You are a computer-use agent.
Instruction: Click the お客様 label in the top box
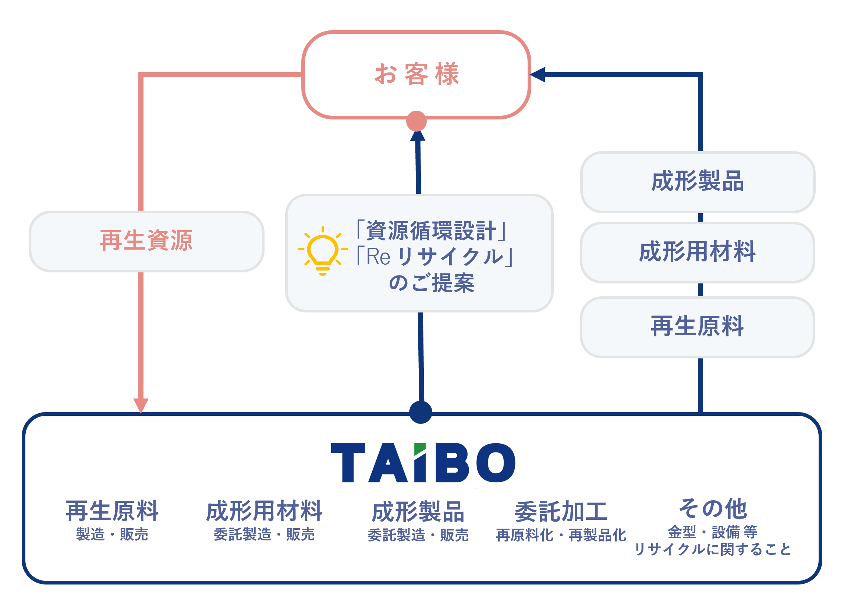pyautogui.click(x=417, y=74)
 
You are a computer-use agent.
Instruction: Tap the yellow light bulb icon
pyautogui.click(x=323, y=251)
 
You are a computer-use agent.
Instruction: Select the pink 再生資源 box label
pyautogui.click(x=146, y=241)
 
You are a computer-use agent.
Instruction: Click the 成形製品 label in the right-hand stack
pyautogui.click(x=698, y=181)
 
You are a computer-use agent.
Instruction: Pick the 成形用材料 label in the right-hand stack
pyautogui.click(x=698, y=252)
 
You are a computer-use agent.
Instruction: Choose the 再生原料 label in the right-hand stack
pyautogui.click(x=698, y=326)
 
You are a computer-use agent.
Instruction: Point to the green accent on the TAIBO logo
pyautogui.click(x=420, y=448)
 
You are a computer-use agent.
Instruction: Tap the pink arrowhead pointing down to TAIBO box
pyautogui.click(x=141, y=405)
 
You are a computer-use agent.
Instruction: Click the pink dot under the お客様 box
pyautogui.click(x=416, y=121)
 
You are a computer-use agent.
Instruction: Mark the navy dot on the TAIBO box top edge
pyautogui.click(x=421, y=412)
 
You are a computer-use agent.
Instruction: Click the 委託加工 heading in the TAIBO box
pyautogui.click(x=561, y=512)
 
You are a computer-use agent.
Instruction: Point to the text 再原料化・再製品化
pyautogui.click(x=561, y=535)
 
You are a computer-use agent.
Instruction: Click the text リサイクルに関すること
pyautogui.click(x=713, y=550)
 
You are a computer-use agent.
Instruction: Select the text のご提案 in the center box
pyautogui.click(x=432, y=283)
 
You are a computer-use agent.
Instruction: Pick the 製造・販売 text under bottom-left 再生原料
pyautogui.click(x=112, y=535)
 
